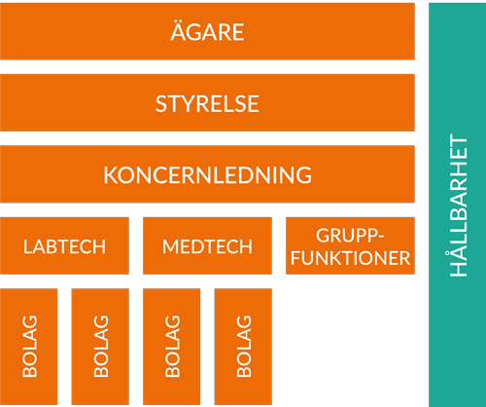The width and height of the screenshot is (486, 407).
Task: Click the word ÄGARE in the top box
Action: coord(207,31)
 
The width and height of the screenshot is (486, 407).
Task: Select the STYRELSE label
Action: coord(207,104)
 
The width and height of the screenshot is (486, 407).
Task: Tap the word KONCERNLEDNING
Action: coord(207,175)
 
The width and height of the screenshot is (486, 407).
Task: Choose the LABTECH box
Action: coord(64,245)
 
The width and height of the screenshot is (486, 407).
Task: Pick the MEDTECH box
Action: coord(207,245)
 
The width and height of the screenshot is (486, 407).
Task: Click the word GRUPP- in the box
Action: coord(350,236)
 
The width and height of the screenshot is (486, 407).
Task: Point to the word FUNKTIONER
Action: coord(350,258)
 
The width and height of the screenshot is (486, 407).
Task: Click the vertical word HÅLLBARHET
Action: coord(459,205)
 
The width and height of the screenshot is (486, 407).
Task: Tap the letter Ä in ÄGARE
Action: coord(179,31)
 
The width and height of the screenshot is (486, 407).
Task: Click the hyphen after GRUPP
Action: coord(381,238)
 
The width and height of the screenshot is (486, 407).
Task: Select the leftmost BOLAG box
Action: coord(28,347)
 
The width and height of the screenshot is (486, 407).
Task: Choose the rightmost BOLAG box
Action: coord(243,347)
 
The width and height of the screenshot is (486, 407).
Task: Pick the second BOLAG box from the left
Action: coord(100,347)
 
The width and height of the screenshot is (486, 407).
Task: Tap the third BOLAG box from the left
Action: coord(171,347)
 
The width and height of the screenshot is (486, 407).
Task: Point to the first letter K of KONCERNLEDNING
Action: coord(111,175)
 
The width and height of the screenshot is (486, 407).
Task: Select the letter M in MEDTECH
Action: coord(171,246)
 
